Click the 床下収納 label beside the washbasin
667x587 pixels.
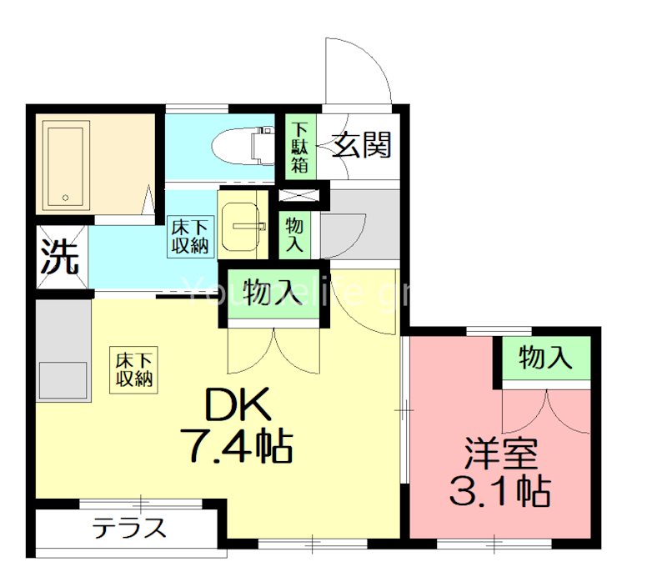[x=191, y=236]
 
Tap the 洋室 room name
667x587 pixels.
[x=500, y=454]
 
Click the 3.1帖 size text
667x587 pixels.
[x=499, y=492]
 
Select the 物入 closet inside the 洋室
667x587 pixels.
[x=545, y=359]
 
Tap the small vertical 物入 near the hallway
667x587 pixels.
[x=294, y=234]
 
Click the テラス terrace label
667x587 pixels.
[x=129, y=529]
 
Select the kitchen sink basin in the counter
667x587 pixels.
[x=62, y=380]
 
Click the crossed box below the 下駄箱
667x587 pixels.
[x=298, y=196]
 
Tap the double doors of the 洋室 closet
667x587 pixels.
[x=545, y=409]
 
